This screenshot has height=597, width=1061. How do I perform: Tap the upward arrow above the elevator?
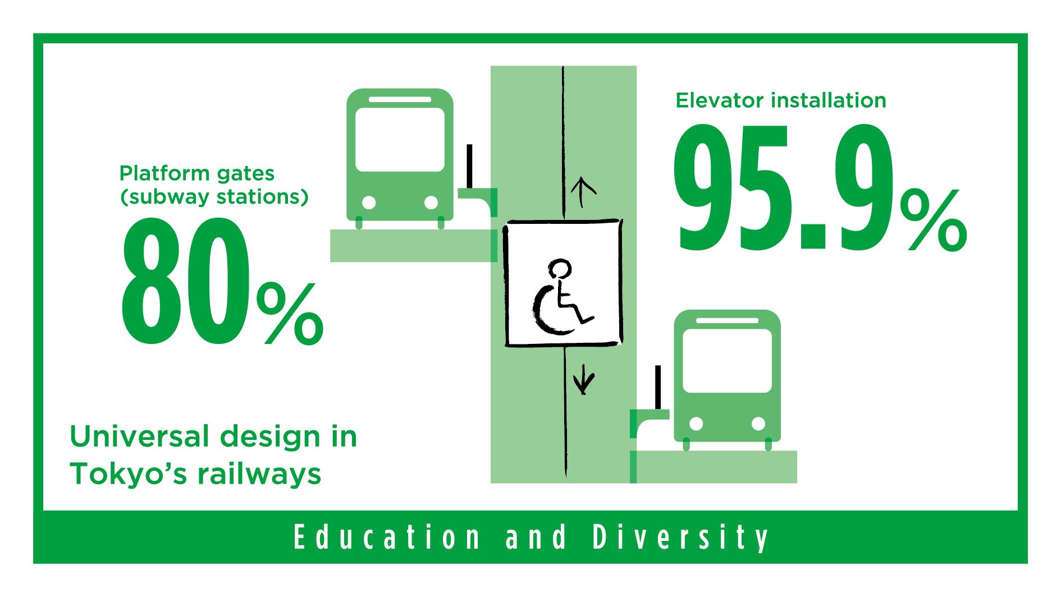click(x=583, y=192)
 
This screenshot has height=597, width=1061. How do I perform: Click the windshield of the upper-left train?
click(x=400, y=140)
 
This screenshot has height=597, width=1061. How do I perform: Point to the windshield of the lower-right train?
click(x=727, y=361)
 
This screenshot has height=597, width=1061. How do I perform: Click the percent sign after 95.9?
click(x=933, y=219)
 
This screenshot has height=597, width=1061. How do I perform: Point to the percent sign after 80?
click(x=290, y=314)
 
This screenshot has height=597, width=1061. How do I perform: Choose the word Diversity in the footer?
click(x=681, y=538)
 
